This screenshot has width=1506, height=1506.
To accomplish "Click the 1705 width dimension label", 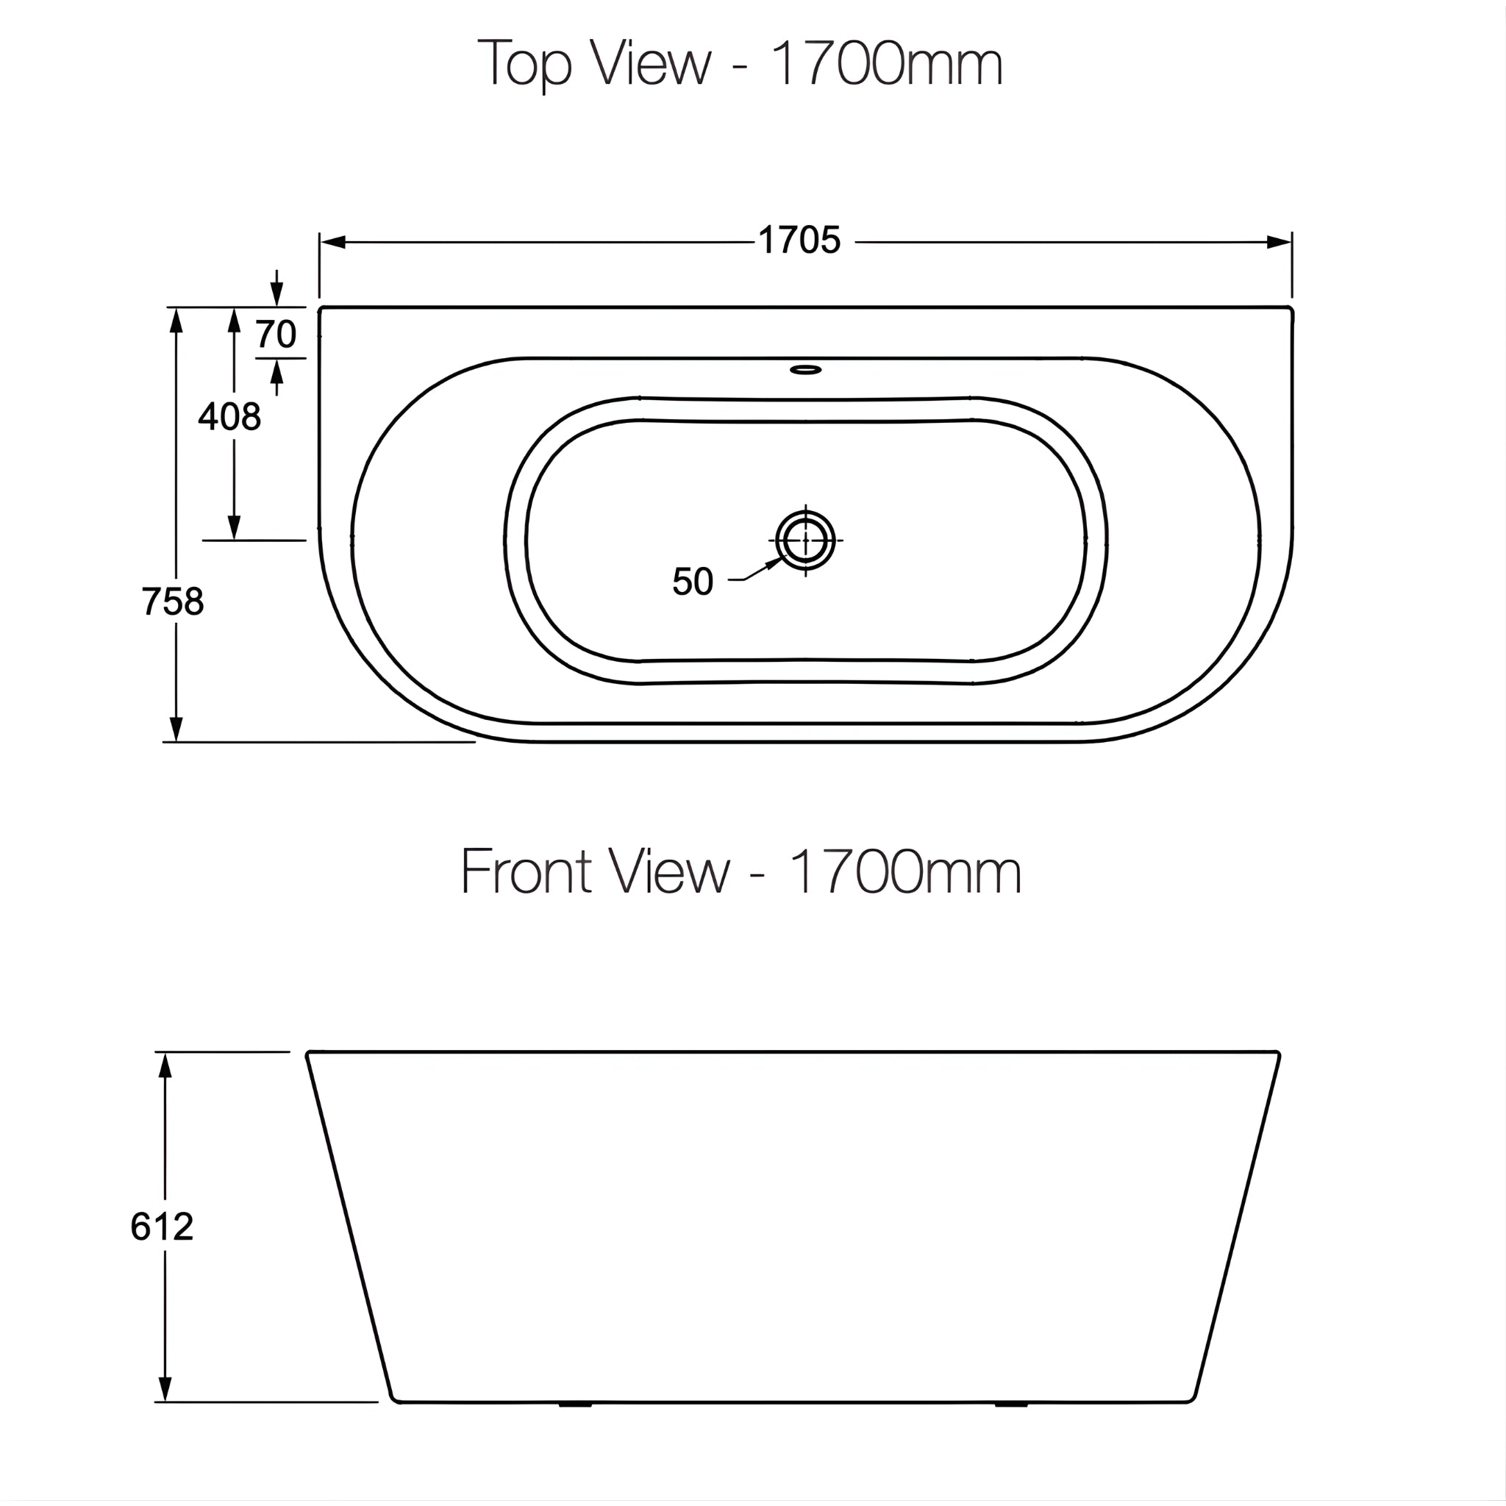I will [x=799, y=241].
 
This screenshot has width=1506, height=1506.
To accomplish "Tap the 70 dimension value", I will [x=276, y=335].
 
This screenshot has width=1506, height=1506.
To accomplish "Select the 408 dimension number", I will [x=229, y=417].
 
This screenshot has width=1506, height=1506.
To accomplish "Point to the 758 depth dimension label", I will [x=173, y=602].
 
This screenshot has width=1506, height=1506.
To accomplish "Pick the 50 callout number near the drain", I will [x=692, y=582].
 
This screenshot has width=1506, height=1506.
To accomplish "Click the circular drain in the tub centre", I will [x=805, y=540].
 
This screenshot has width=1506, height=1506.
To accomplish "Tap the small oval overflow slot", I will [x=805, y=368].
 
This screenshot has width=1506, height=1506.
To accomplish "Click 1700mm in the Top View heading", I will [x=885, y=65].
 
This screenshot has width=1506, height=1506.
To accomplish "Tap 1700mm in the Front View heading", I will [x=904, y=871].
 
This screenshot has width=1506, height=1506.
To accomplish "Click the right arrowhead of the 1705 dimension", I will [x=1280, y=243].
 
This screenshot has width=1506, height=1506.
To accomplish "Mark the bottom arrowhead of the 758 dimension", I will [x=176, y=729].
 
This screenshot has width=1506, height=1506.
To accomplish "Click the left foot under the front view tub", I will [x=575, y=1405].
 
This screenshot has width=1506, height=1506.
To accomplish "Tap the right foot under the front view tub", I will [x=1012, y=1405].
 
